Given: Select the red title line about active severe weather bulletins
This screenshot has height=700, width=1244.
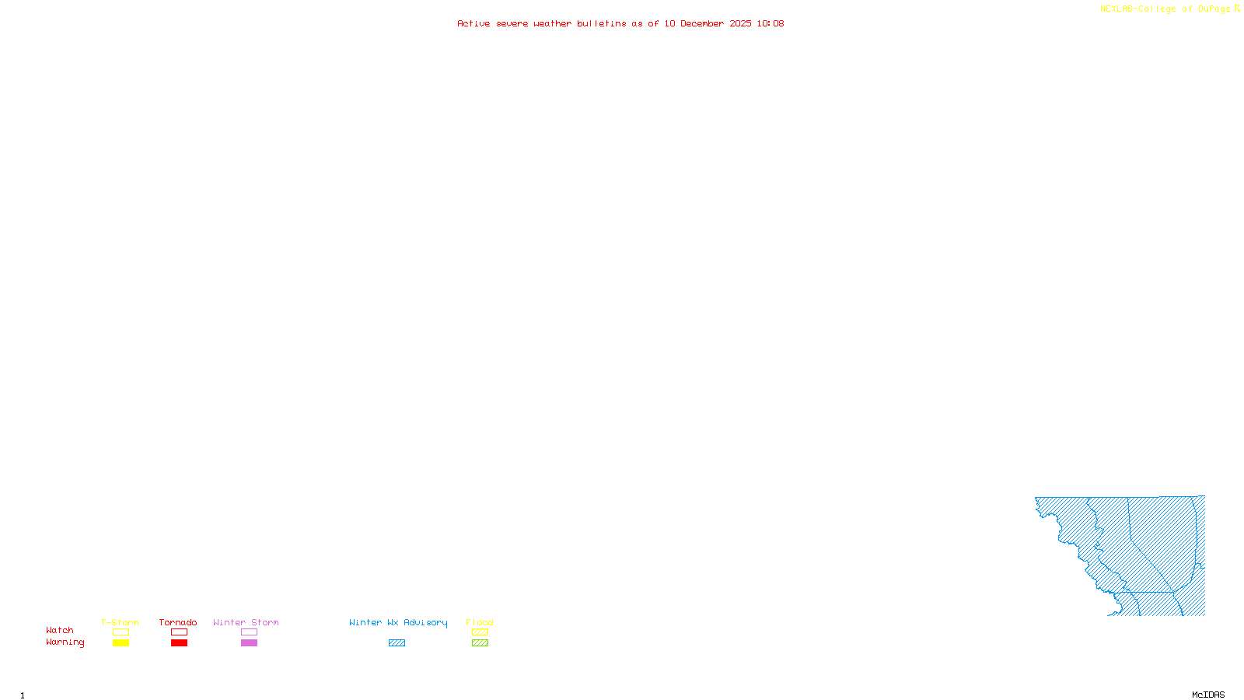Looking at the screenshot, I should [620, 23].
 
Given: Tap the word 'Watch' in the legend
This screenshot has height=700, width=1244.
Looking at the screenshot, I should [60, 630].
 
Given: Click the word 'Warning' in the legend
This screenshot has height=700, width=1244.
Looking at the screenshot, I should [65, 642].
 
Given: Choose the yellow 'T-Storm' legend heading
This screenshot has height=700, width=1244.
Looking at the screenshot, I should [120, 622].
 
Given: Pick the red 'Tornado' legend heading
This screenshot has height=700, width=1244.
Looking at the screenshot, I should [178, 622].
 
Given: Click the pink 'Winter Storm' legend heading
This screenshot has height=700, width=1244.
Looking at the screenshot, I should [246, 622].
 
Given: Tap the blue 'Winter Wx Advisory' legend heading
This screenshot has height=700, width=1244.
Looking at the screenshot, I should [398, 622].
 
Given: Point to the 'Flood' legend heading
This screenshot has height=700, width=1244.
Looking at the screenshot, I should [480, 622].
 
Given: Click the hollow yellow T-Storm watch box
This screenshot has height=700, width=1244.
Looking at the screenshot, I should [121, 632].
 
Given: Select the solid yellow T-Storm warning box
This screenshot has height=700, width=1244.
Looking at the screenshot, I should [121, 643].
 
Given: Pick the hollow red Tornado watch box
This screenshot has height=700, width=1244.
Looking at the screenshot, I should [179, 632].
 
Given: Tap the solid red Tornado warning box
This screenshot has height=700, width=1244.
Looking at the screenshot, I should [179, 643].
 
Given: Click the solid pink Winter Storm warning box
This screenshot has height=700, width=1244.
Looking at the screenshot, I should [249, 643].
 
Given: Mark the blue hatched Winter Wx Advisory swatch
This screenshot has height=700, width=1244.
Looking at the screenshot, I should [397, 643].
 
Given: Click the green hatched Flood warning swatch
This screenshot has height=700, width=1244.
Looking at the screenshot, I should [480, 643].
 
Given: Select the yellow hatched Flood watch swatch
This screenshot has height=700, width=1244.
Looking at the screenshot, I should [480, 632].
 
